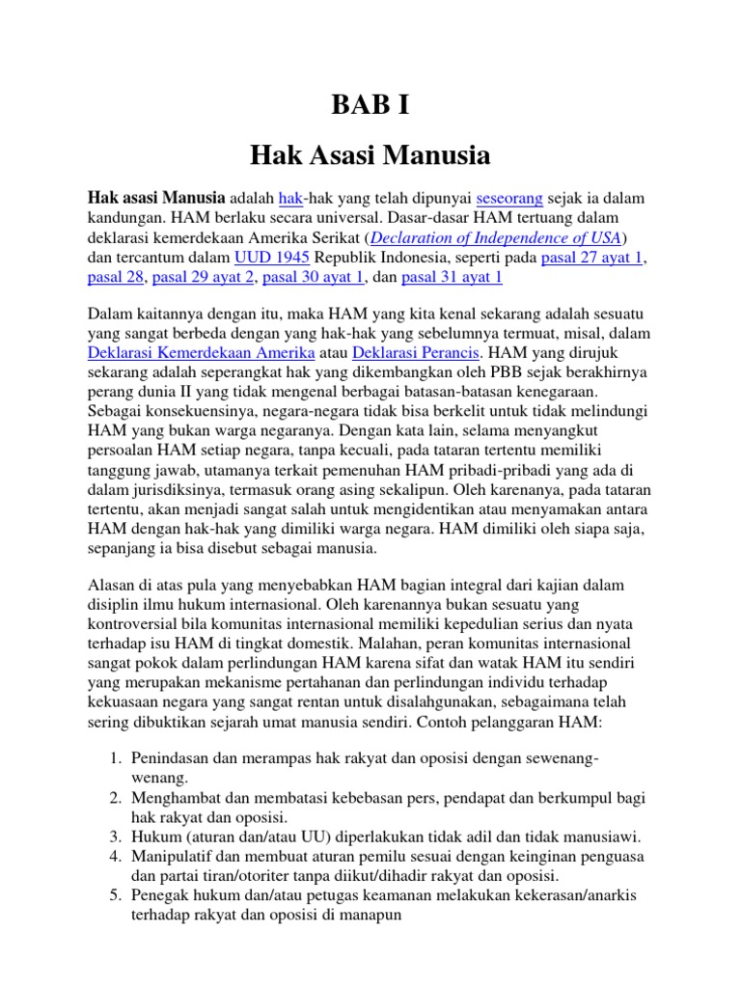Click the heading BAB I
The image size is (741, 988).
(x=370, y=105)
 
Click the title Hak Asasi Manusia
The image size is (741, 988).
(x=370, y=154)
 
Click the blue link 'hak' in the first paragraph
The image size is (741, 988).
(x=290, y=198)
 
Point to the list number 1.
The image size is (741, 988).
(x=113, y=758)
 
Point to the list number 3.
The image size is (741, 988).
(x=113, y=837)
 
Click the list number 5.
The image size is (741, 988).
(x=113, y=896)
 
